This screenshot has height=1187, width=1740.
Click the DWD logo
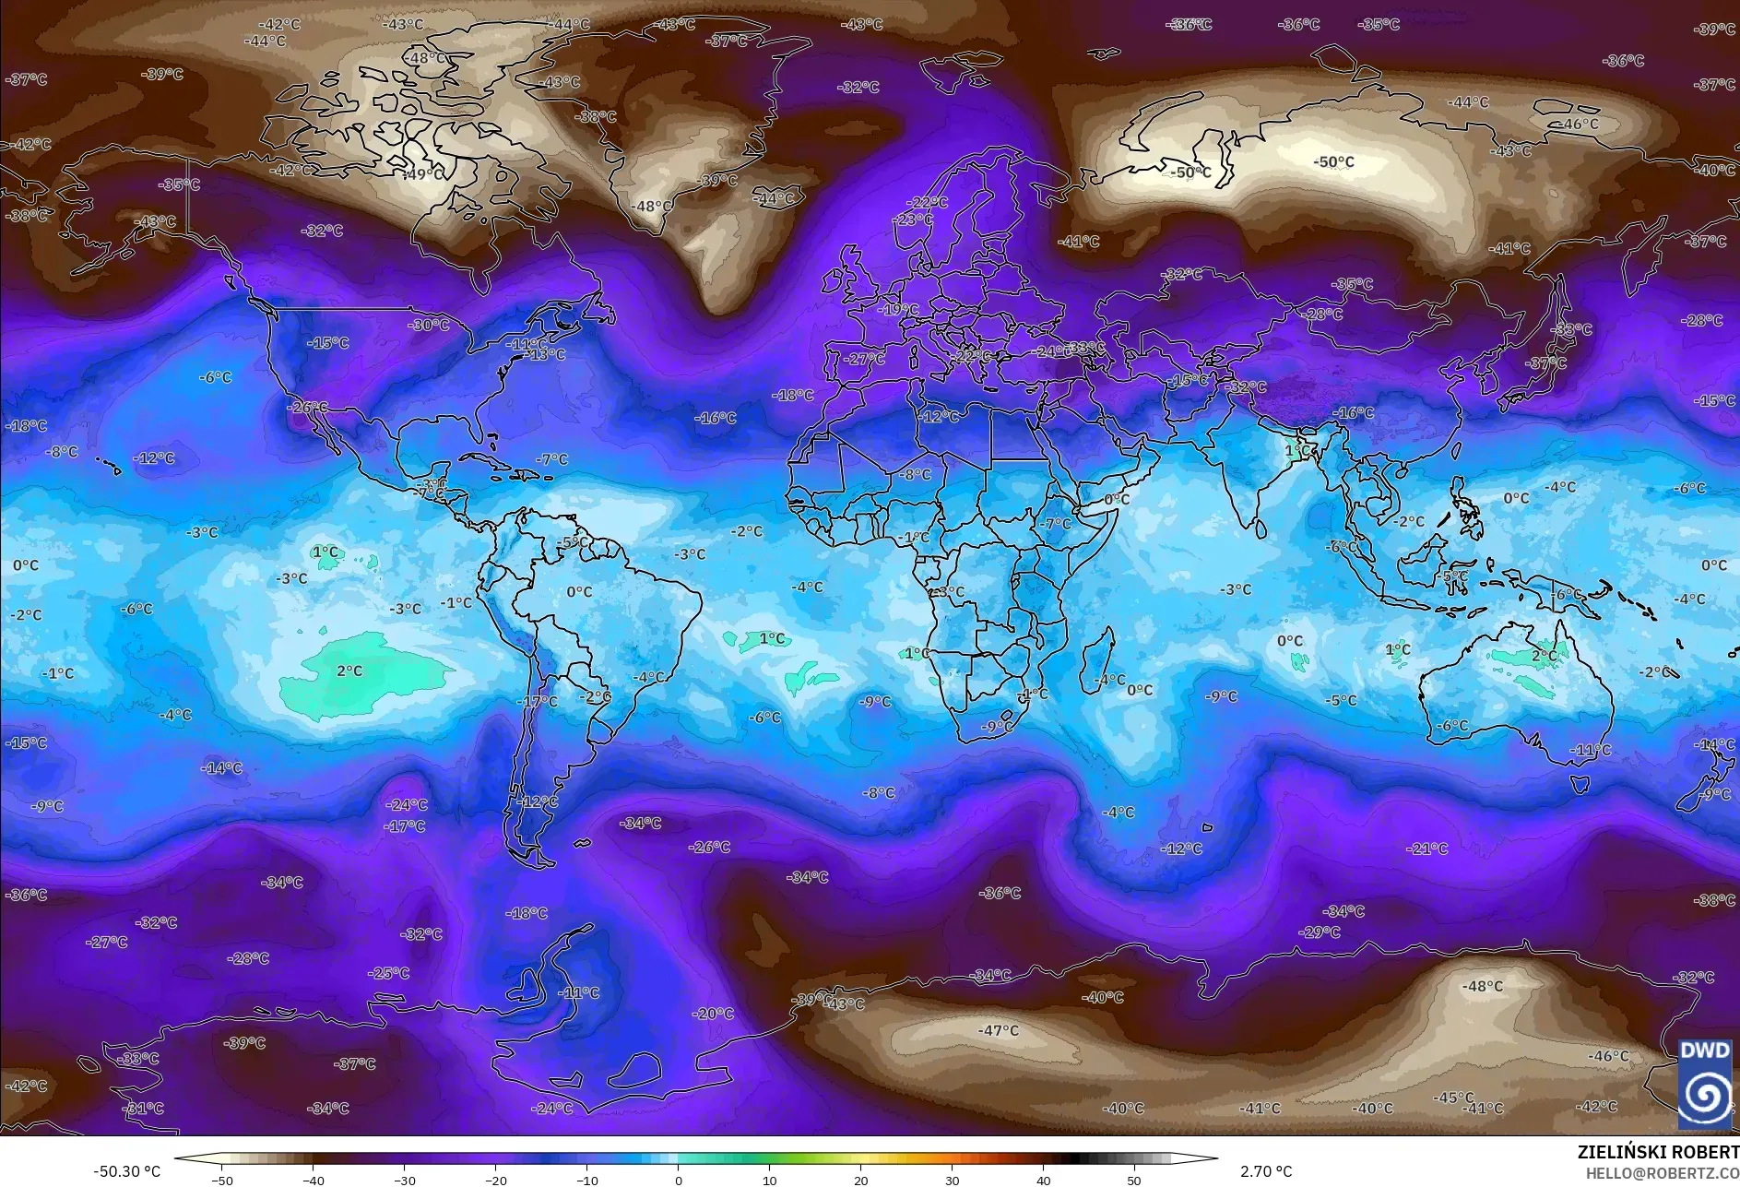tap(1704, 1084)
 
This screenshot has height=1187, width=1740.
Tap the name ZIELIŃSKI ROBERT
tap(1658, 1152)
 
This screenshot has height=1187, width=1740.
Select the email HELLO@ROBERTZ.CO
tap(1662, 1173)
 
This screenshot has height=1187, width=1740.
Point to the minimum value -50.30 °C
tap(126, 1171)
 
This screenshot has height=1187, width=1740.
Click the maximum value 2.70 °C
tap(1265, 1171)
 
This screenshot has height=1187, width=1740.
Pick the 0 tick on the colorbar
tap(679, 1180)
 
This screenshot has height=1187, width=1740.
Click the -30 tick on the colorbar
tap(405, 1180)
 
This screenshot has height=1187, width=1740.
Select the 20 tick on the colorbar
tap(860, 1180)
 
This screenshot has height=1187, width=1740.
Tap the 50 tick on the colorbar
tap(1134, 1180)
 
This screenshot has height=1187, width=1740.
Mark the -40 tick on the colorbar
tap(314, 1180)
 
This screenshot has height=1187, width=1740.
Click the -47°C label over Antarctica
tap(998, 1030)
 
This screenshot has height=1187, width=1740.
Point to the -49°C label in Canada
tap(423, 173)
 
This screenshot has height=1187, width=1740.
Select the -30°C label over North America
tap(429, 325)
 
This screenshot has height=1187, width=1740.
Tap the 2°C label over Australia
tap(1544, 656)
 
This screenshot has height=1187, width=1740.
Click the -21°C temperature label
tap(1426, 849)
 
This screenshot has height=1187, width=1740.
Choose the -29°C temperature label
tap(1319, 932)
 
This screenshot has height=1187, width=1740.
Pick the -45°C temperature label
tap(1453, 1098)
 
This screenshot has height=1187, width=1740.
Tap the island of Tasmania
tap(1579, 784)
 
